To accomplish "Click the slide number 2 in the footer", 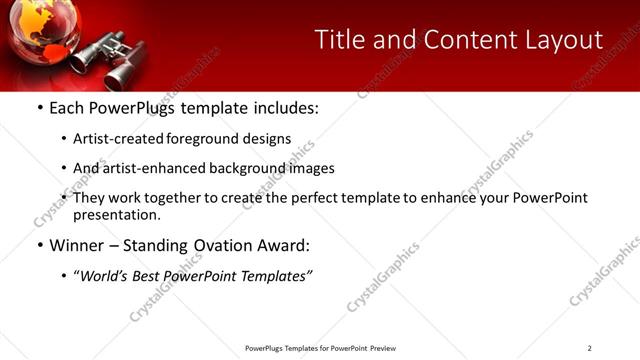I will (x=589, y=348).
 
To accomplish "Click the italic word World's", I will (x=102, y=276).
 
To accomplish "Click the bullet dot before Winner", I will (x=39, y=246).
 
